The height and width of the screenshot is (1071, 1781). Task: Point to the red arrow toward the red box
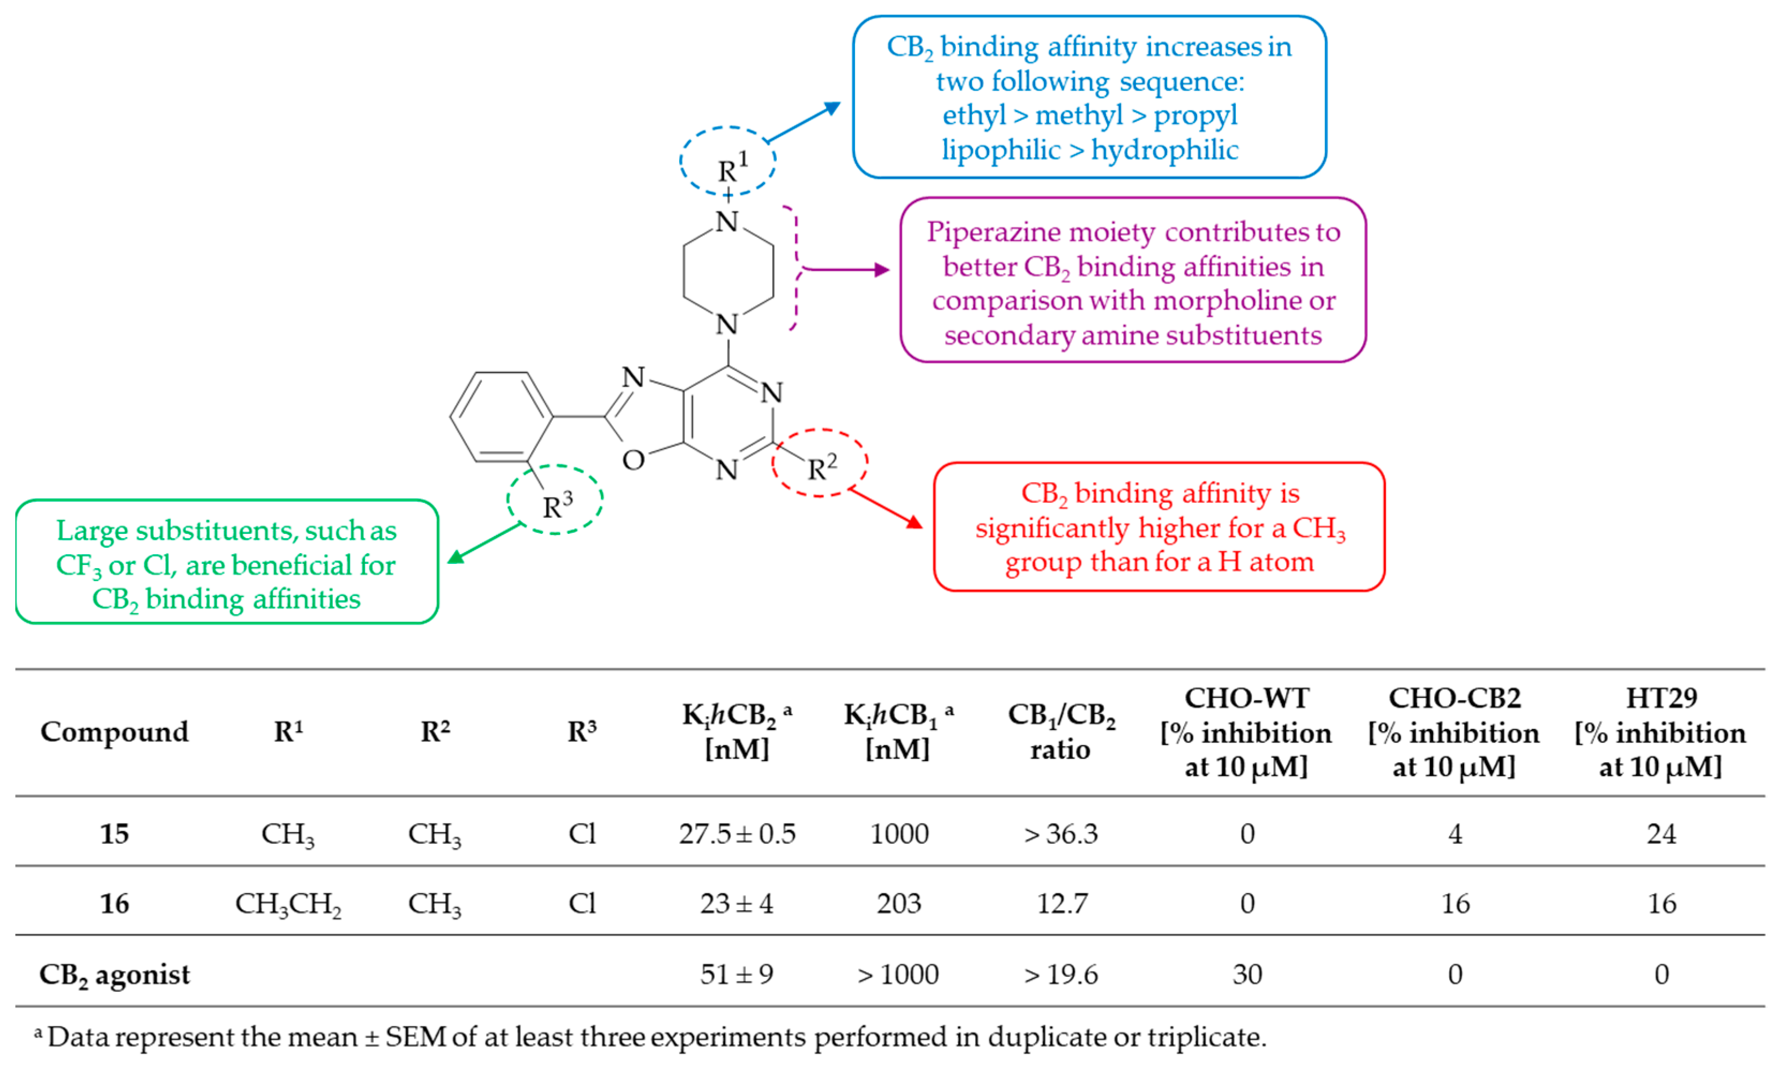[886, 508]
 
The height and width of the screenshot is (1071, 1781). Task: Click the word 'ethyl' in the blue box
[974, 115]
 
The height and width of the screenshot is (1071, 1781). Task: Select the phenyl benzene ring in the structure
[501, 416]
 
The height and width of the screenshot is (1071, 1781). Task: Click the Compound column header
[114, 732]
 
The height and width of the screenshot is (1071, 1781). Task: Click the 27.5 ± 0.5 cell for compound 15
[736, 834]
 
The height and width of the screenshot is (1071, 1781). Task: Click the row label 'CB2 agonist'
[114, 975]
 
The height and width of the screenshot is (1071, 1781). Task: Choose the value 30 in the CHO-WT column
[1246, 975]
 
